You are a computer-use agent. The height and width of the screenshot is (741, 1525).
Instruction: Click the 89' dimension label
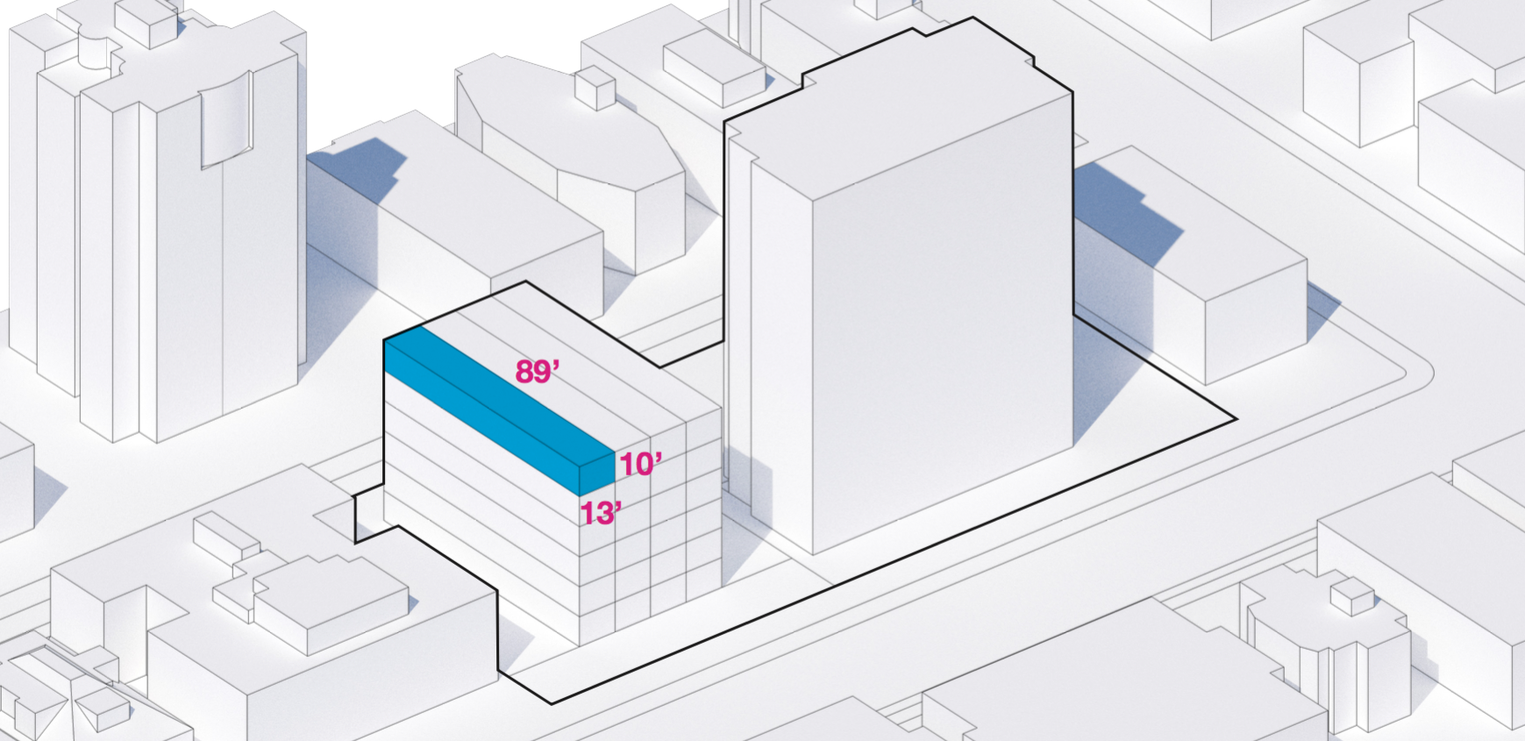[x=537, y=372]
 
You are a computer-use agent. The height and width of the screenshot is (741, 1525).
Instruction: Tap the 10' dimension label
[x=641, y=464]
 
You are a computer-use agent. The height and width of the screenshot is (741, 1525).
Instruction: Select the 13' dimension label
[x=602, y=513]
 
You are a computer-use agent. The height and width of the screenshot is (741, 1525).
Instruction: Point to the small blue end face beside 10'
[x=597, y=474]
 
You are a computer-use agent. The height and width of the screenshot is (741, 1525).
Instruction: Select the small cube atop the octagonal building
[x=595, y=89]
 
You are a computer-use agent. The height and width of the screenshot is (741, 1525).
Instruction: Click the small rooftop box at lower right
[x=1351, y=596]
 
